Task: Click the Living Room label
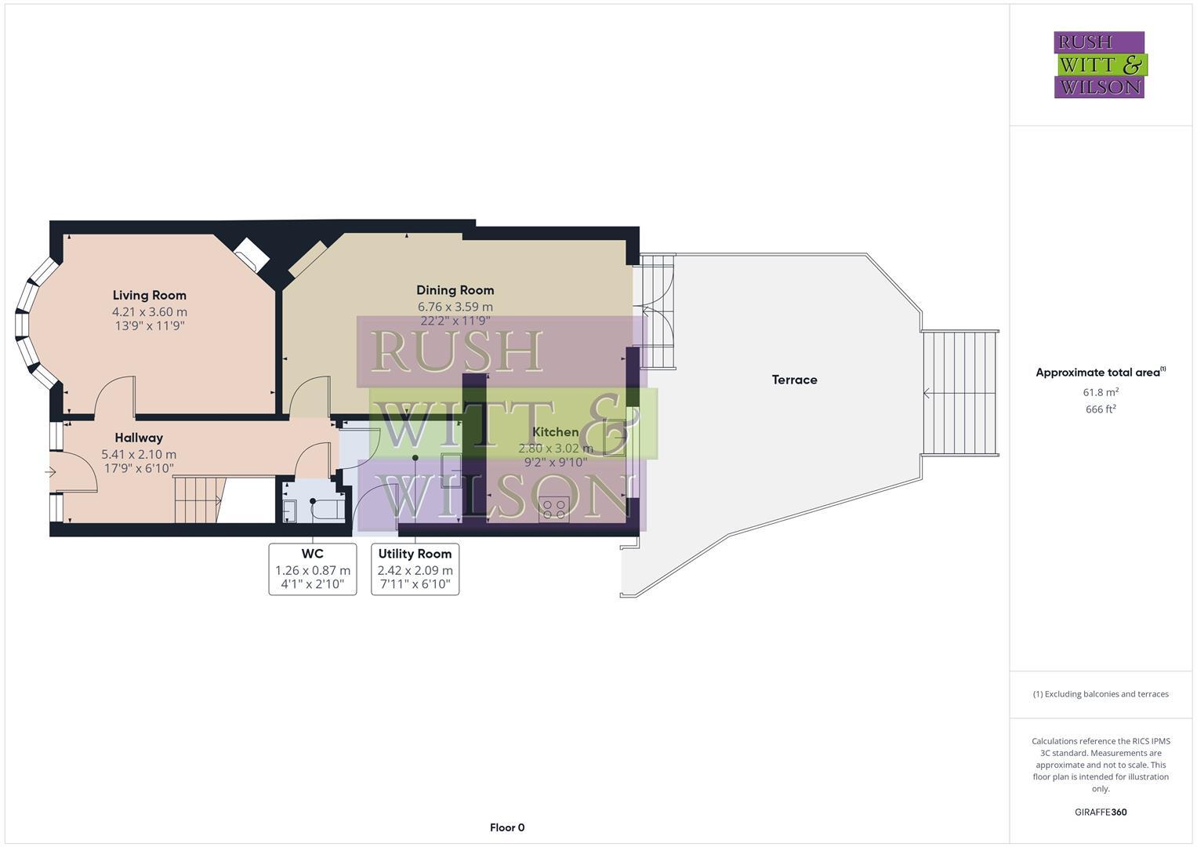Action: coord(149,296)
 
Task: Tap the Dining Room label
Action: coord(455,290)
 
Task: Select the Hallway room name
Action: coord(139,438)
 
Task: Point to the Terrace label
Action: coord(794,380)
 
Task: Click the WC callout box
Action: coord(313,569)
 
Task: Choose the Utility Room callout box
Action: coord(415,569)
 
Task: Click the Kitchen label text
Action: coord(555,432)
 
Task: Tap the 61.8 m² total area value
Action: coord(1101,392)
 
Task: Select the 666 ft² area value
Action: coord(1101,409)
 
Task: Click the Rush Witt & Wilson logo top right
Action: coord(1099,64)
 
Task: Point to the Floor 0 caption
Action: coord(507,827)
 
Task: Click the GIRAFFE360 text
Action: coord(1101,812)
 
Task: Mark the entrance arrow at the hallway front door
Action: coord(51,472)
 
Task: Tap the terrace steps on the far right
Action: coord(960,393)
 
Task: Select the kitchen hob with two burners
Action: coord(553,507)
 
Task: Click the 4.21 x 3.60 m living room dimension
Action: coord(149,311)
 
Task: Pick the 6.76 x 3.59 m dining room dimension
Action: coord(455,307)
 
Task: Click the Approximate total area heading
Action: coord(1101,373)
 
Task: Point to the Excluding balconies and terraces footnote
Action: coord(1101,694)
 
